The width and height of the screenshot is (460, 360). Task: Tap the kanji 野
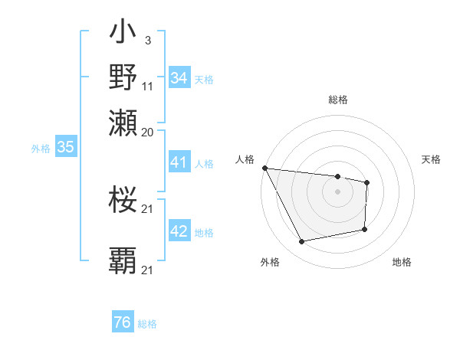click(x=123, y=77)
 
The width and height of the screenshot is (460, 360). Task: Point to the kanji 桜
click(x=123, y=201)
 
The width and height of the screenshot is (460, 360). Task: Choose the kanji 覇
click(x=123, y=260)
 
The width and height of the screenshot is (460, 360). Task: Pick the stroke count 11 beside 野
click(x=148, y=86)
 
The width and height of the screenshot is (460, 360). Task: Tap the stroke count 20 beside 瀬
click(x=148, y=131)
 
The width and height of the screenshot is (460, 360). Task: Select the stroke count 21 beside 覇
click(x=148, y=270)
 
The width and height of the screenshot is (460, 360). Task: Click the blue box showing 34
click(x=179, y=78)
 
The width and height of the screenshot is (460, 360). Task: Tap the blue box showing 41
click(x=179, y=162)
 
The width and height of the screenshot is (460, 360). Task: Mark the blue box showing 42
click(x=179, y=232)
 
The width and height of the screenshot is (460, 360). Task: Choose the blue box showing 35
click(x=65, y=148)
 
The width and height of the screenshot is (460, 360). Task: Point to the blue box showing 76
click(x=122, y=323)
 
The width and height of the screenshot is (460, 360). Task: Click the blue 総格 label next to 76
click(x=147, y=324)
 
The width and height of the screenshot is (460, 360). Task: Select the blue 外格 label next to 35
click(x=40, y=149)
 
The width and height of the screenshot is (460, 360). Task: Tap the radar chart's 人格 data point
click(x=264, y=168)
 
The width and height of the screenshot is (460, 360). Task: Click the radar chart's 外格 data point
click(x=302, y=242)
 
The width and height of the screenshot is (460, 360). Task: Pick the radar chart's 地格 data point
click(x=364, y=229)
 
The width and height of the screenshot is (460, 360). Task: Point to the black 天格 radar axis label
click(x=432, y=159)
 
